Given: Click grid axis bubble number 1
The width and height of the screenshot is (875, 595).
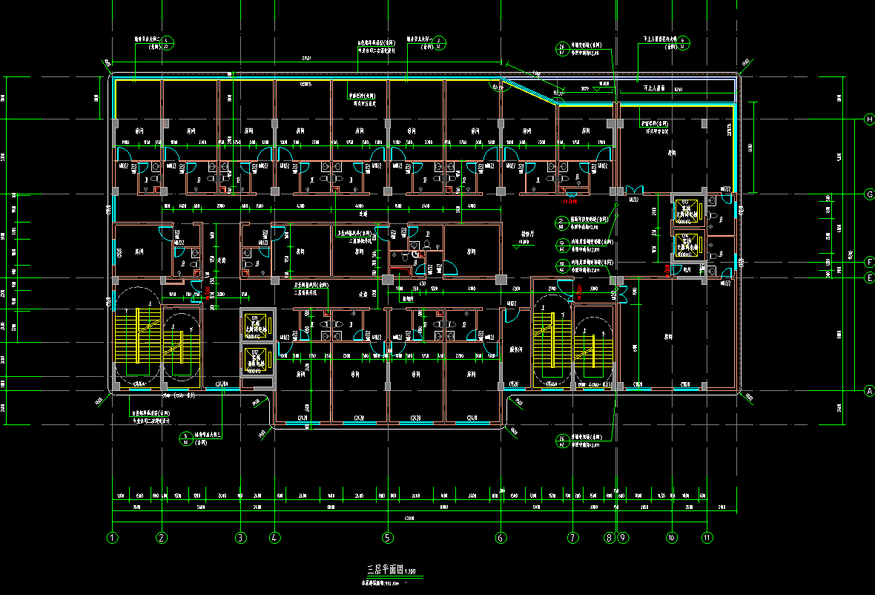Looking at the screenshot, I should (x=113, y=537).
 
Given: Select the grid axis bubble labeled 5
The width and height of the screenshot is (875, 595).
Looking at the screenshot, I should (x=387, y=537).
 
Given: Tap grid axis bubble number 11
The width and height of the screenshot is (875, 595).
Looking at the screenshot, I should (x=707, y=537).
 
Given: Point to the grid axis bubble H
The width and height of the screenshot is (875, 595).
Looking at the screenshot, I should (x=868, y=119).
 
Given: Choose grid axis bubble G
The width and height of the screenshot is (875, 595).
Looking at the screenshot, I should (x=868, y=194).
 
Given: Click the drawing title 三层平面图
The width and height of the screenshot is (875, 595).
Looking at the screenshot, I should (x=384, y=570).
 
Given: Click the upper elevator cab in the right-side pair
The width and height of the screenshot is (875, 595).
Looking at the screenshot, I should (x=686, y=211).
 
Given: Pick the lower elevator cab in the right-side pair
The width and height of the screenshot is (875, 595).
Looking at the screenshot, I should (x=686, y=244).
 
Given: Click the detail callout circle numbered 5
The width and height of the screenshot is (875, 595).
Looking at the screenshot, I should (x=186, y=438).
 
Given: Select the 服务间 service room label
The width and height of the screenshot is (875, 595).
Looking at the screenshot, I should (x=517, y=348).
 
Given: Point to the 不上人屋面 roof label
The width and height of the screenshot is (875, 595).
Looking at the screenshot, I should (x=653, y=88).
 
